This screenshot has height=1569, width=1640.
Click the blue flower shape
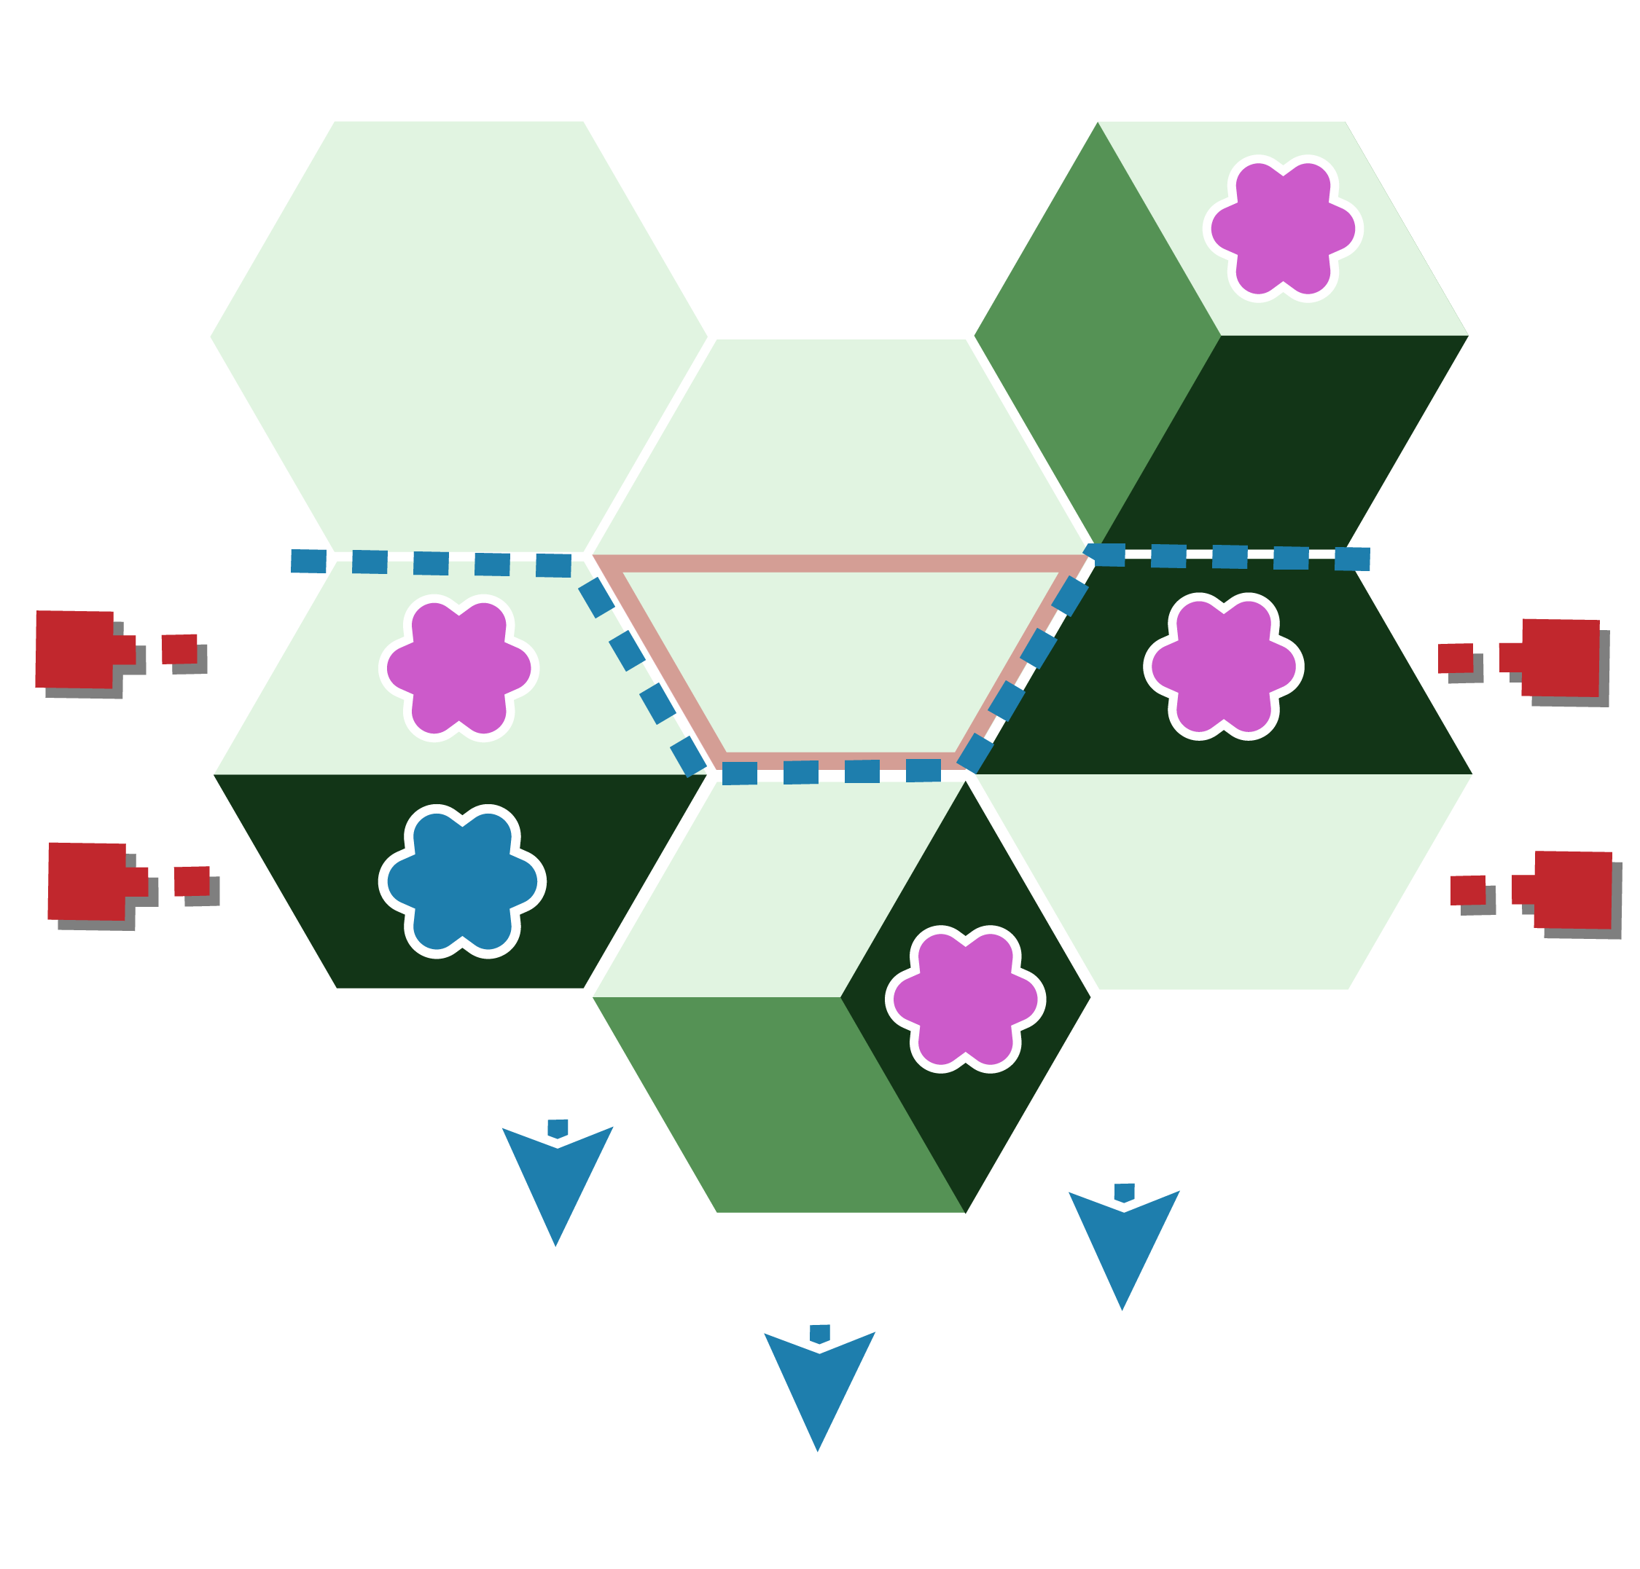(x=462, y=881)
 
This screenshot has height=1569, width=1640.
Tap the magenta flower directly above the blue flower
(x=458, y=668)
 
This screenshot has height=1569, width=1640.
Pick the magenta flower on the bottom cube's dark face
(x=966, y=999)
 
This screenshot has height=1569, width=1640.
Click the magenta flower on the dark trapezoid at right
(x=1223, y=666)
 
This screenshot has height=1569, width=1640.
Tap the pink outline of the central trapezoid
(x=841, y=564)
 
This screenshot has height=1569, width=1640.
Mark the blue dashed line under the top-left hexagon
(x=431, y=563)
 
